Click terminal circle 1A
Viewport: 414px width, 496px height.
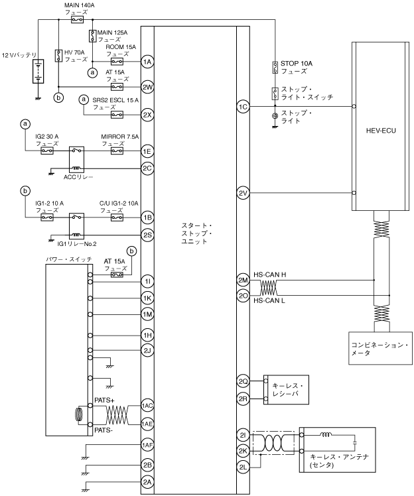(147, 62)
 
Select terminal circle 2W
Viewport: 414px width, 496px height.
(147, 87)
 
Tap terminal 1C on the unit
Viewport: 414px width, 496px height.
(243, 107)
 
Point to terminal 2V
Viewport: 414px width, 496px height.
(243, 193)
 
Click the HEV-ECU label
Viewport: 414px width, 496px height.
(381, 131)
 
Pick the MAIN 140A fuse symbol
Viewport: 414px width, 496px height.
(77, 20)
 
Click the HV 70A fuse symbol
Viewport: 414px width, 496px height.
(58, 56)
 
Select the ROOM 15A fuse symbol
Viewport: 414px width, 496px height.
(117, 62)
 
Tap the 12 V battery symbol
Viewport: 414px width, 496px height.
(38, 71)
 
